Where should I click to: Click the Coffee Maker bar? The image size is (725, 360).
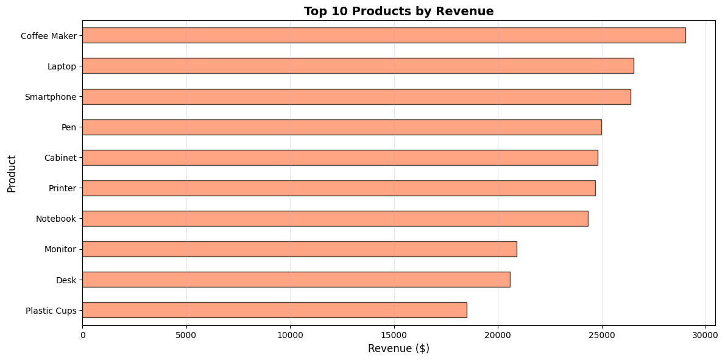(384, 35)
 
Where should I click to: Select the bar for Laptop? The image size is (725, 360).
(358, 66)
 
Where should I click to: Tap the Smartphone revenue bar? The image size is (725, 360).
(356, 96)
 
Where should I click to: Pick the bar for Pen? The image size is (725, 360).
(342, 127)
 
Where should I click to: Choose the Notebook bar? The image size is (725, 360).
(335, 218)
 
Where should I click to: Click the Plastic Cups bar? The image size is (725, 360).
(274, 309)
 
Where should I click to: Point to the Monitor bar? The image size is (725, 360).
(299, 249)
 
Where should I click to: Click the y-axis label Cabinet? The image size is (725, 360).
(60, 158)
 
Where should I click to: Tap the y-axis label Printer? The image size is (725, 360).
(62, 188)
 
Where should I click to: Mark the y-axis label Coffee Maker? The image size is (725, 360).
(49, 36)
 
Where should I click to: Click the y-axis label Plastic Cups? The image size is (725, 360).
(51, 311)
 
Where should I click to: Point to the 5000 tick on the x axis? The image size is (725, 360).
(186, 334)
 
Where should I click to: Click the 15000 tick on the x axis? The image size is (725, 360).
(394, 334)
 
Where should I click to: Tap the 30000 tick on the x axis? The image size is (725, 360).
(706, 334)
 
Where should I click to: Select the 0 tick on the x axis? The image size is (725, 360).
(82, 334)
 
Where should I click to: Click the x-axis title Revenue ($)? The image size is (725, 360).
(398, 348)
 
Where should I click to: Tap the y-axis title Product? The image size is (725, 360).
(12, 173)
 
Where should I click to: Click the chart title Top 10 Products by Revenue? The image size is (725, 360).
(398, 11)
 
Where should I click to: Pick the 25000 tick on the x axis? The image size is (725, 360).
(601, 334)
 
